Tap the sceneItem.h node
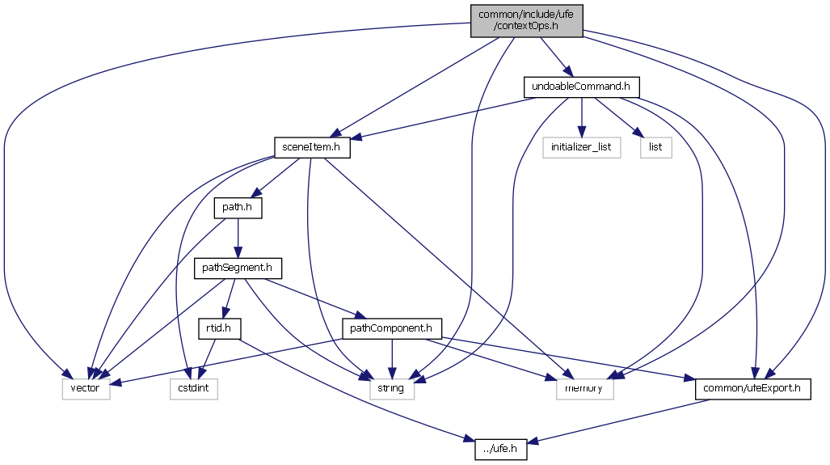pos(311,147)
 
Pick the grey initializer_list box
pos(581,147)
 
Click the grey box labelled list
pos(655,147)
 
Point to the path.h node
pos(238,208)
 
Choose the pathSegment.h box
pos(238,268)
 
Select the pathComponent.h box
pos(392,328)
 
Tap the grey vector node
pos(86,389)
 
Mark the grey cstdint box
pos(194,389)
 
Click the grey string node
pos(392,389)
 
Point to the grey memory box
pos(584,389)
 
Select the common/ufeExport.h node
pos(752,389)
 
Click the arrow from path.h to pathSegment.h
pos(238,238)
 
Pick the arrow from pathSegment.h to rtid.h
pos(229,298)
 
